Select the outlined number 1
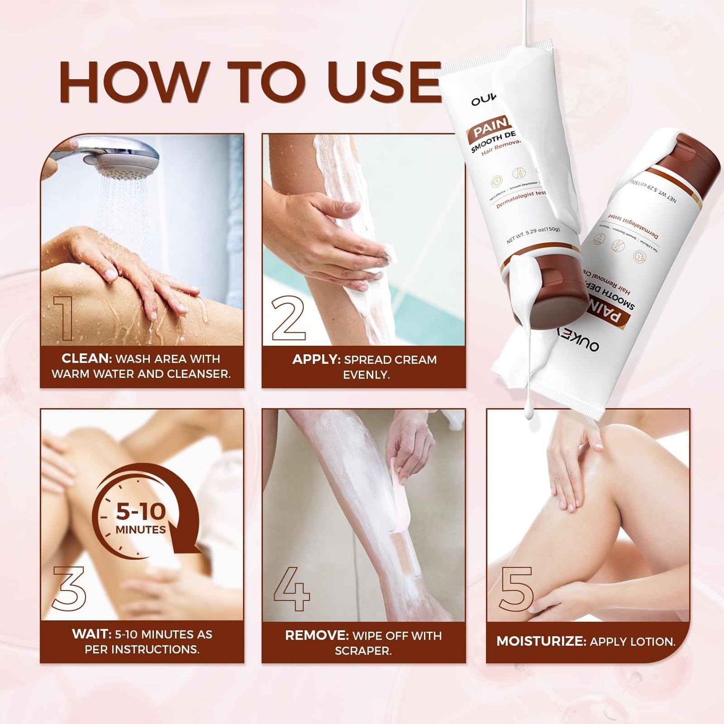(x=65, y=318)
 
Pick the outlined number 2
(x=288, y=318)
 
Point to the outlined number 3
(x=69, y=588)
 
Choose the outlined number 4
(x=292, y=589)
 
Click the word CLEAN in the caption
(x=86, y=359)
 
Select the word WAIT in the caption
(x=92, y=634)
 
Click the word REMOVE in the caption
(x=317, y=636)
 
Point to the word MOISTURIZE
(x=541, y=642)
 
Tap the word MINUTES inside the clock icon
(x=141, y=530)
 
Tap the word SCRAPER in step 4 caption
(x=363, y=651)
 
